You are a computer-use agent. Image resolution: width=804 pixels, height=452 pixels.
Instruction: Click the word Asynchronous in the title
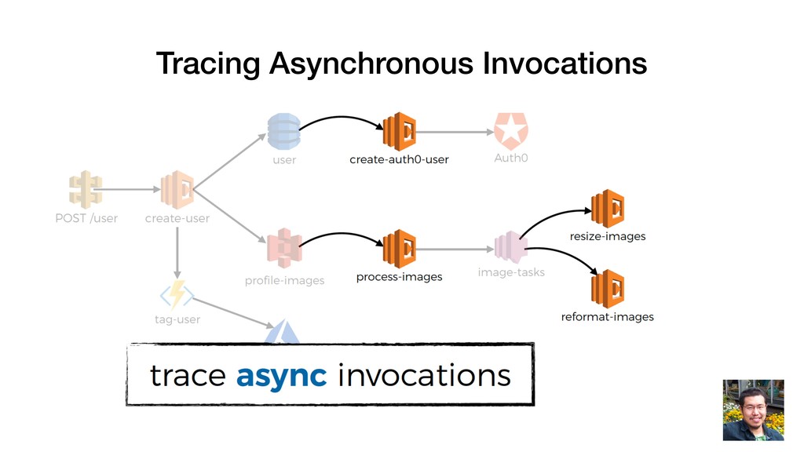(x=371, y=63)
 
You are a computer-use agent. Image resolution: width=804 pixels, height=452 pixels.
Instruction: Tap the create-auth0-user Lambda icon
(x=399, y=131)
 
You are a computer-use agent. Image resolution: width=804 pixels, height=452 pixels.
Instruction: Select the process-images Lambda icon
(x=399, y=249)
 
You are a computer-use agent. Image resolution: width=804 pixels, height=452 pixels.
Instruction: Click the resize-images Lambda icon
(x=607, y=209)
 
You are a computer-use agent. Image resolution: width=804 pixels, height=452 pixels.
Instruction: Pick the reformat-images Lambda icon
(x=607, y=289)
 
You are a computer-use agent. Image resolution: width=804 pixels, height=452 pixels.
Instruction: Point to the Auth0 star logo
(x=510, y=131)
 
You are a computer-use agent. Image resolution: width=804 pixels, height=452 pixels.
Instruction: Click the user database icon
(x=283, y=131)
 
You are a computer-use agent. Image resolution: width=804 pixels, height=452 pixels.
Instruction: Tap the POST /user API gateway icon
(x=85, y=190)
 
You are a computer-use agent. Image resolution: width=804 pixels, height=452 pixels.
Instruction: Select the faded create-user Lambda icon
(x=177, y=189)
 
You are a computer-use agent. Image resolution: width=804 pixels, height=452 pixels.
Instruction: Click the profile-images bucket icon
(x=283, y=249)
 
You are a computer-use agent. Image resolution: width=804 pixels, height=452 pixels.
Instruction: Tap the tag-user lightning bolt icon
(x=177, y=295)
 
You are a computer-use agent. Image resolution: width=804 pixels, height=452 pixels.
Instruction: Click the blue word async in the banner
(x=281, y=376)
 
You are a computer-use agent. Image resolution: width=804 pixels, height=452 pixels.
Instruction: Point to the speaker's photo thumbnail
(x=753, y=410)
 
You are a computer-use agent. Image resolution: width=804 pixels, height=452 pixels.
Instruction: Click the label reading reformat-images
(x=607, y=317)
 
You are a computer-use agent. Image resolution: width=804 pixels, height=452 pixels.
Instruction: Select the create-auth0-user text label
(x=399, y=159)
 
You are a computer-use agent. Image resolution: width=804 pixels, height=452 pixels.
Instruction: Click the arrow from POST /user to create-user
(x=130, y=189)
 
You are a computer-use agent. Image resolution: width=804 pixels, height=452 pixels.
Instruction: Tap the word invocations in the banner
(x=424, y=376)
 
